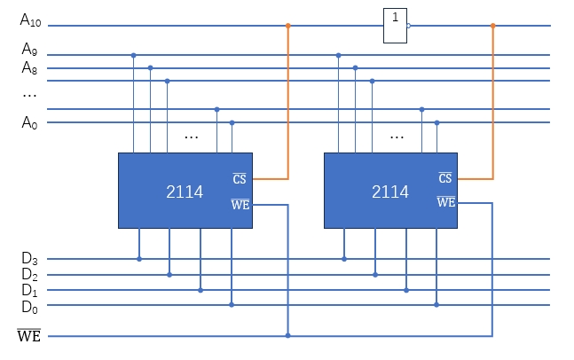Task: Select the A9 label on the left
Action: point(30,49)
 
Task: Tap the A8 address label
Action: point(30,67)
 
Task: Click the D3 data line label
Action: point(30,259)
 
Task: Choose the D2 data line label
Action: point(30,275)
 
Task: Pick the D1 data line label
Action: point(30,290)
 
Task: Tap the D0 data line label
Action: point(30,306)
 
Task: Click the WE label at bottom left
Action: point(28,336)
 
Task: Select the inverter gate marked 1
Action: point(396,26)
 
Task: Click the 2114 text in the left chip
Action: point(185,192)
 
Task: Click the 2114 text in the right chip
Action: point(390,192)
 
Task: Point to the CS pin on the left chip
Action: point(240,179)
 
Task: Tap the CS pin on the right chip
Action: point(445,179)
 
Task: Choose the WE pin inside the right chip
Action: point(445,202)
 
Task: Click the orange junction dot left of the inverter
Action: point(287,26)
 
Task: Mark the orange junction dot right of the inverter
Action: point(493,26)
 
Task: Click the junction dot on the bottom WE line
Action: point(287,336)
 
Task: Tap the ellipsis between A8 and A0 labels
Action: point(29,95)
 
